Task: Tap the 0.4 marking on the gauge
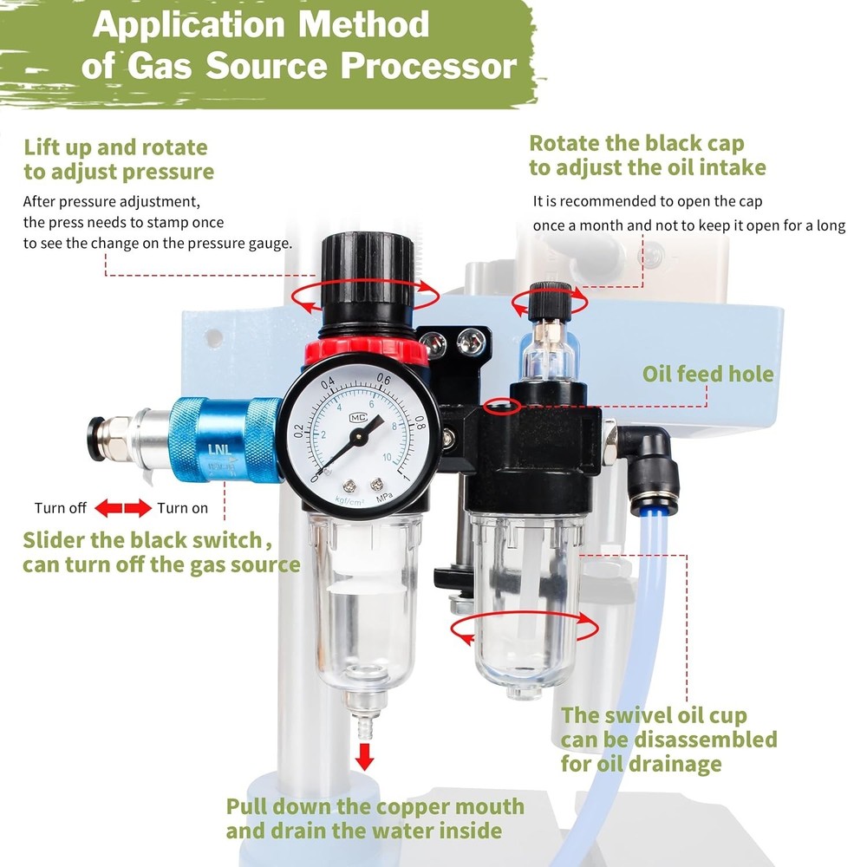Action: (328, 383)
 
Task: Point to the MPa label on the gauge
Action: (384, 498)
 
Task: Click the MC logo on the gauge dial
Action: (358, 418)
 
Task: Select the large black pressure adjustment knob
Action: (367, 281)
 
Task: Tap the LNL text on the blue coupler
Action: (220, 449)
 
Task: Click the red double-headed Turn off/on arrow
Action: (123, 507)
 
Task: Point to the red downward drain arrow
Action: (364, 756)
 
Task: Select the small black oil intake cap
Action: (551, 302)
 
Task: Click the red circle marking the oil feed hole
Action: (502, 407)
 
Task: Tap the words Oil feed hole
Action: (707, 375)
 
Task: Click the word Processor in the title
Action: (428, 66)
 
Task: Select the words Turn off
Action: (61, 507)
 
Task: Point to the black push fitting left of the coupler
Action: (97, 440)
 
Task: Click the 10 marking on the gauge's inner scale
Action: (387, 457)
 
